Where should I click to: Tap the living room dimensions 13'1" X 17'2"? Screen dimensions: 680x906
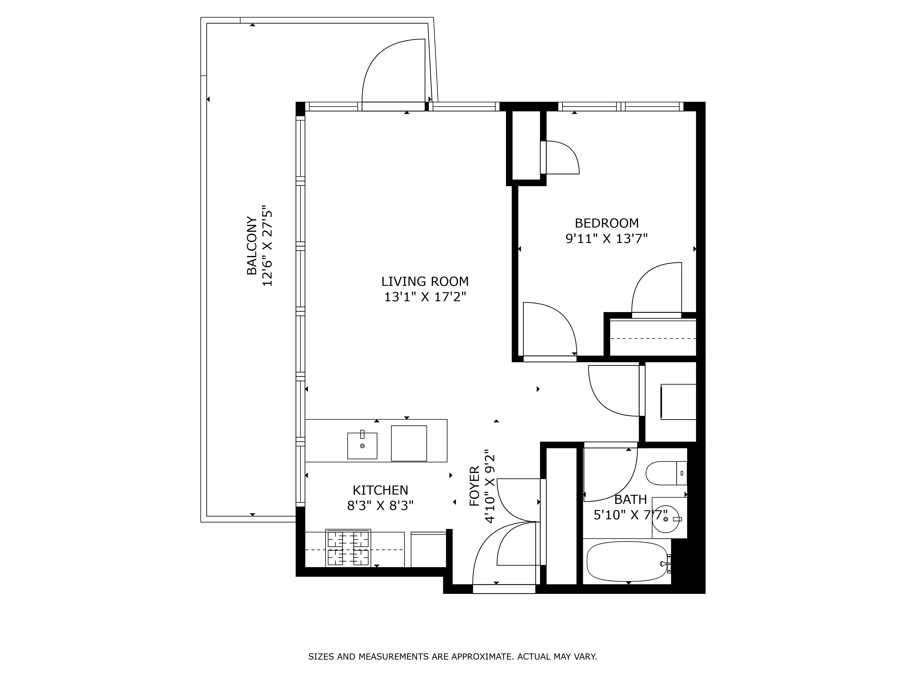click(x=425, y=297)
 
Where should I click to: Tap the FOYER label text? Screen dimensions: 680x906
click(x=474, y=486)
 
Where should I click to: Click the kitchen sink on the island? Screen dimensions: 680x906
click(x=362, y=446)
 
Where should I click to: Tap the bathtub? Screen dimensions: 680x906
click(x=627, y=561)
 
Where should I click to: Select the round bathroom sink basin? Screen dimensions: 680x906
click(x=666, y=519)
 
